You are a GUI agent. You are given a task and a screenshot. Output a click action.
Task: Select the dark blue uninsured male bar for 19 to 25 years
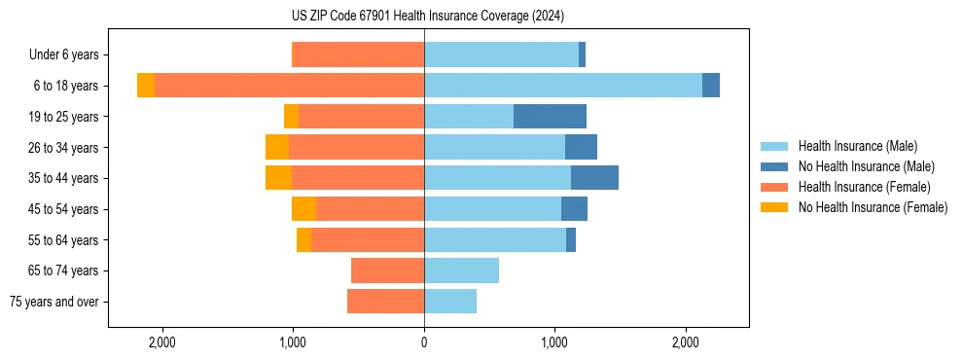click(550, 117)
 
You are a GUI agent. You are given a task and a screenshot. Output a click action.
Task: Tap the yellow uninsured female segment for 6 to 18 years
click(146, 86)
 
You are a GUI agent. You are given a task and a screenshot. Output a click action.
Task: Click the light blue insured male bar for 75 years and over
click(450, 302)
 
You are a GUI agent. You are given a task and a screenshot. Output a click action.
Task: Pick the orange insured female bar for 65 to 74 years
click(387, 270)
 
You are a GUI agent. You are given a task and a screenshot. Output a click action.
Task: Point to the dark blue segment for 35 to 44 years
click(594, 178)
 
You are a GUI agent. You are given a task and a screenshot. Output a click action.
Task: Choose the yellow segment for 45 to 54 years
click(303, 209)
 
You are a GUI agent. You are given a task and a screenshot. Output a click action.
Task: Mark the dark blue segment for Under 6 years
click(582, 55)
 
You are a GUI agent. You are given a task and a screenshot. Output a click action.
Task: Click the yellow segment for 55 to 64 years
click(303, 240)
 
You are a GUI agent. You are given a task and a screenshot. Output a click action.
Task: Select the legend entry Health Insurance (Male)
click(858, 146)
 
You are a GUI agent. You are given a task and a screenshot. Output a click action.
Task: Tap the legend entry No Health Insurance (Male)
click(866, 166)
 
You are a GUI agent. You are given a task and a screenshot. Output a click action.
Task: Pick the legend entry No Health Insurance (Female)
click(873, 207)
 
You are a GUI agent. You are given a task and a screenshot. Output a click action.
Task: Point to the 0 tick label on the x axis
click(424, 342)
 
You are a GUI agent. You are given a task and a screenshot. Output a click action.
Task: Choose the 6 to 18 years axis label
click(66, 86)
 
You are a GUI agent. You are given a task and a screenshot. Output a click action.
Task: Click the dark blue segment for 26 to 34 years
click(581, 148)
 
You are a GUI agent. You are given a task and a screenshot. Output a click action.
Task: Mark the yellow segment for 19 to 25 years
click(291, 117)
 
